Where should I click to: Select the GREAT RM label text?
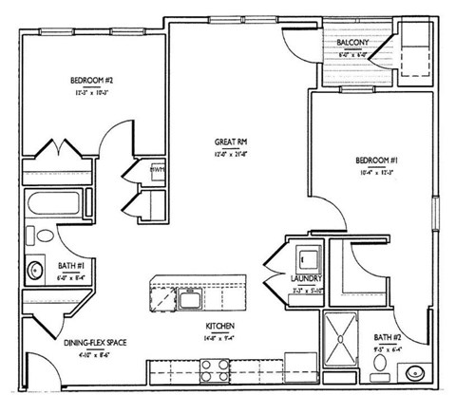tap(230, 141)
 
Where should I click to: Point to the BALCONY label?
tap(352, 43)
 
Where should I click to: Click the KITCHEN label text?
tap(219, 326)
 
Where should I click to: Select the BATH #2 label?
tap(387, 336)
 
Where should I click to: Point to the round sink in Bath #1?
tap(36, 270)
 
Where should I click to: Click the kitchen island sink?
tap(189, 302)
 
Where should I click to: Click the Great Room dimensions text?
tap(230, 153)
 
